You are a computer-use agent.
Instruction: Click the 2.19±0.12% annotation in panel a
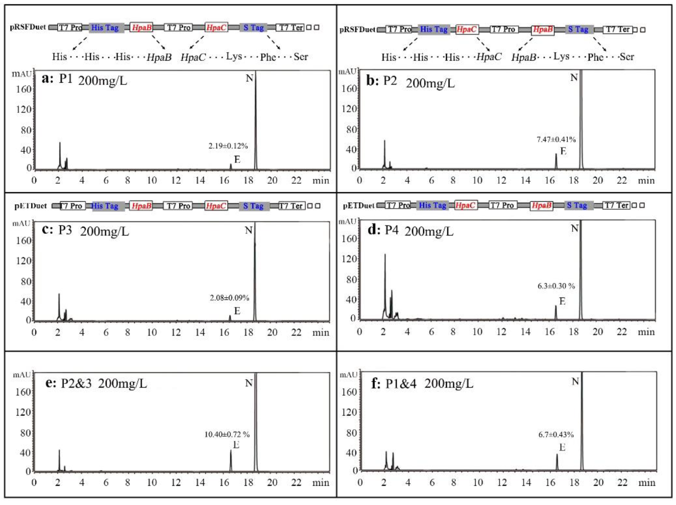pos(228,146)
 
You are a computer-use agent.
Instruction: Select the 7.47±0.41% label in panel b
pos(556,140)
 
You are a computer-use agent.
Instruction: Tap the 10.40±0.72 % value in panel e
pos(227,434)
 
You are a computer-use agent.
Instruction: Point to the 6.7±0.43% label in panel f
pos(556,434)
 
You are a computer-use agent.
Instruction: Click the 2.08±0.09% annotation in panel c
pos(229,297)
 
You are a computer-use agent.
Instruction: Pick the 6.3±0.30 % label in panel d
pos(556,286)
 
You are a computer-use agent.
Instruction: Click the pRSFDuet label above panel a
pos(28,27)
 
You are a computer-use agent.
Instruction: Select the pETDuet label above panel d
pos(358,205)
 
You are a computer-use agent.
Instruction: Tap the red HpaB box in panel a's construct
pos(141,27)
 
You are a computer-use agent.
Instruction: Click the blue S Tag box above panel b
pos(578,29)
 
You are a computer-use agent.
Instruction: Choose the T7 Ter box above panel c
pos(292,206)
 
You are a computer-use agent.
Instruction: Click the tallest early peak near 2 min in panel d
pos(385,255)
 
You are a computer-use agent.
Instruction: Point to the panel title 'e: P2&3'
pos(69,383)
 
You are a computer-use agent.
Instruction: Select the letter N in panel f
pos(575,381)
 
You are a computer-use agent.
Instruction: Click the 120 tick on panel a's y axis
pos(24,109)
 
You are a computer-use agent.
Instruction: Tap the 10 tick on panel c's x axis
pos(152,332)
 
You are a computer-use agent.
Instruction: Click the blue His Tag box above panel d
pos(432,205)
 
